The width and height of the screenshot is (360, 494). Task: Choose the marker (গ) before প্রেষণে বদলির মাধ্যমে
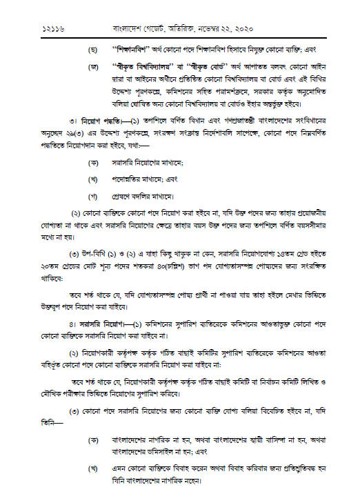point(92,193)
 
